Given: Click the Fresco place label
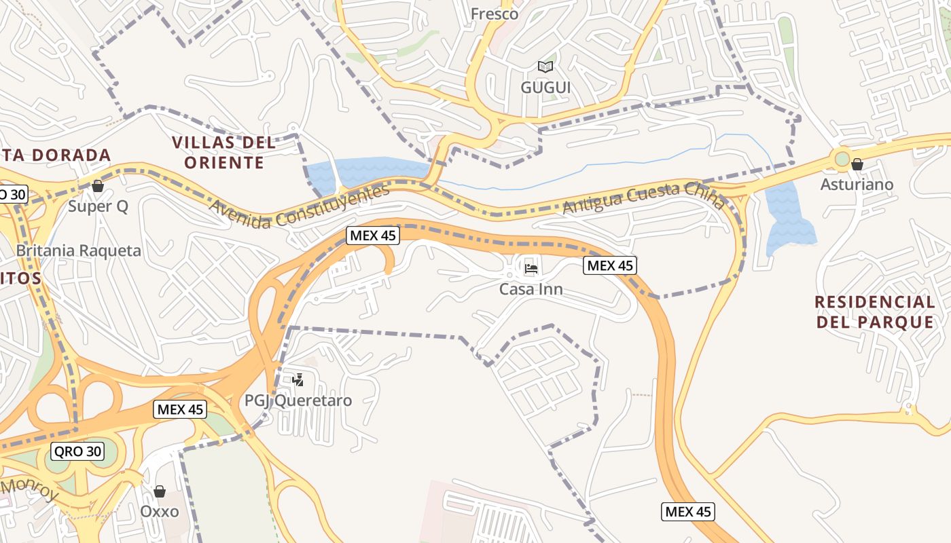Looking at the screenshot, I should tap(495, 14).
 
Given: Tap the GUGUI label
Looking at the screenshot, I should tap(545, 88).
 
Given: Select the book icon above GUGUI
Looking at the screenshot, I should tap(545, 67).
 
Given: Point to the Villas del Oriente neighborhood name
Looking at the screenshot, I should tap(224, 153).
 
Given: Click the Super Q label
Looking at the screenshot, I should tap(98, 206).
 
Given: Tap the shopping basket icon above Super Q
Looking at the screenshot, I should tap(98, 185).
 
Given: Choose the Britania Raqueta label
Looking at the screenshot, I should tap(79, 250).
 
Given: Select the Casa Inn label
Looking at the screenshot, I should tap(531, 290).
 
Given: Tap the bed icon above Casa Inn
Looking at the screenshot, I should tap(531, 269).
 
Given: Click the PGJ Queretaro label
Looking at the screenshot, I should tap(298, 400).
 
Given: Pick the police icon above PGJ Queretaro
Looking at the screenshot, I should tap(298, 379).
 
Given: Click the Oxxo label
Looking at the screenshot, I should tap(160, 511).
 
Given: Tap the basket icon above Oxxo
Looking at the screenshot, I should tap(160, 491).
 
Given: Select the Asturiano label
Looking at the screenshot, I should tap(857, 185).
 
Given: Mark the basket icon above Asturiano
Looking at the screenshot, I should tap(857, 164).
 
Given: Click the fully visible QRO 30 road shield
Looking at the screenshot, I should tap(77, 451).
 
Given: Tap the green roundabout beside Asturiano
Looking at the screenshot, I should tap(842, 160).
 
